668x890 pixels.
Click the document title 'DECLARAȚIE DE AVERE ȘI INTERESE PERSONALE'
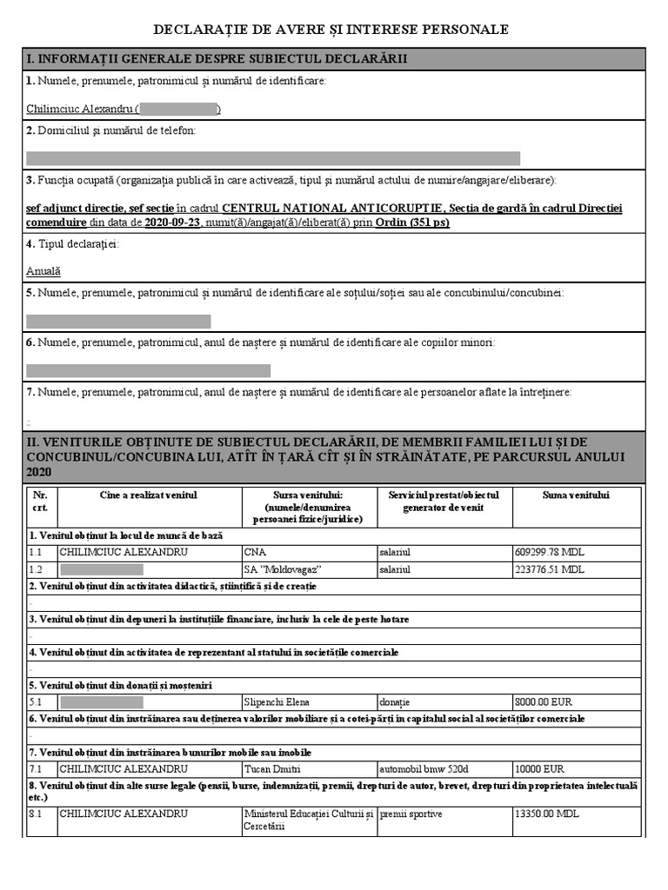[331, 30]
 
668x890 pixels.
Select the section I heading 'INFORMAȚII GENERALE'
[217, 59]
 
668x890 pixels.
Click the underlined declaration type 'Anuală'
[43, 270]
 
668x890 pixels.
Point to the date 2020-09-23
[172, 222]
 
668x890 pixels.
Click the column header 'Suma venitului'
[576, 495]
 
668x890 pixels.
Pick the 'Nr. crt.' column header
[40, 501]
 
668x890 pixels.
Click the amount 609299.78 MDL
[550, 552]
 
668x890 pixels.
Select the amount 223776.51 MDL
[550, 569]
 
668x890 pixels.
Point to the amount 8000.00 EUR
[544, 701]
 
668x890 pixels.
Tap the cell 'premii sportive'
[411, 814]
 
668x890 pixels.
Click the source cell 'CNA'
[256, 552]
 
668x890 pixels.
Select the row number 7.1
[37, 769]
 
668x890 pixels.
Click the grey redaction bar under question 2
[273, 158]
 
